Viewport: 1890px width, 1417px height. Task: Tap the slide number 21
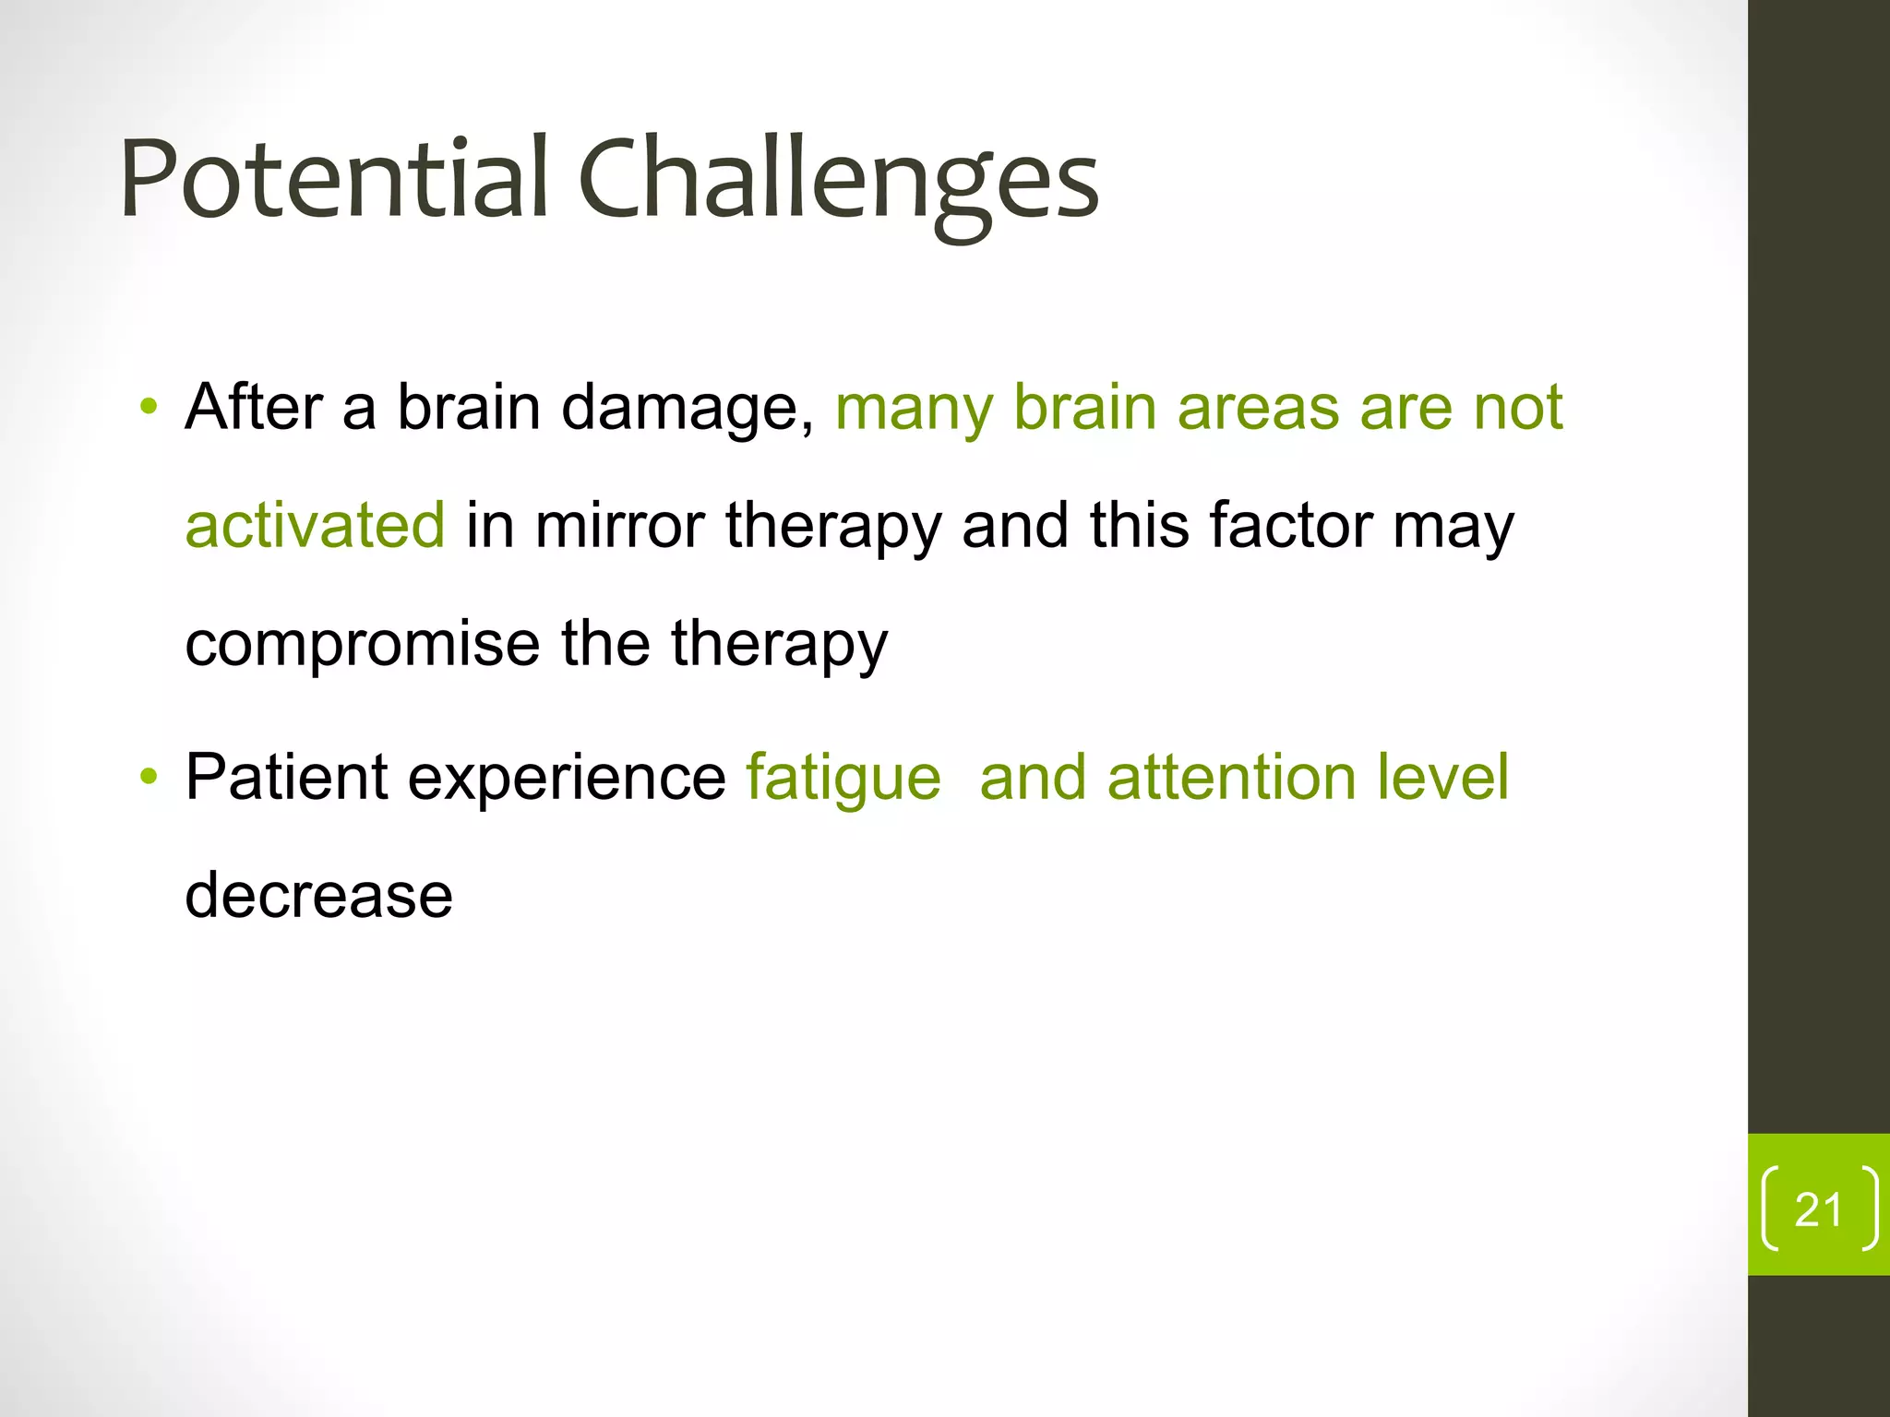point(1818,1209)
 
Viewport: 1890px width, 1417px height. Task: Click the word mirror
point(620,525)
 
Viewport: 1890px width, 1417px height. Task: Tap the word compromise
point(362,645)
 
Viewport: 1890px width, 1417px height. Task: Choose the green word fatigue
point(843,778)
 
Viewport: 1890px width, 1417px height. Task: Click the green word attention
point(1231,778)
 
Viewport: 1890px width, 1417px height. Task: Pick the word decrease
point(318,896)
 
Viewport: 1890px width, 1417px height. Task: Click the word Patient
point(286,778)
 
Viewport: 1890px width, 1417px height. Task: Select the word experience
point(567,778)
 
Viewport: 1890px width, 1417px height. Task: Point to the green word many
point(913,409)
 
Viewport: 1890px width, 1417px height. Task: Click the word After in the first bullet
point(254,407)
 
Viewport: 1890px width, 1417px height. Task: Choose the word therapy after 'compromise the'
point(779,645)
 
